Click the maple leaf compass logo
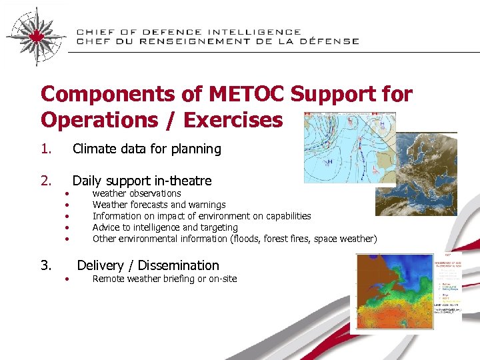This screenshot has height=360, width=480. coord(36,35)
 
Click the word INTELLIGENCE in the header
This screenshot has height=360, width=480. coord(254,32)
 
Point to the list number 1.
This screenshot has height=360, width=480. coord(45,149)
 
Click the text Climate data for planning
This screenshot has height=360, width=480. coord(146,149)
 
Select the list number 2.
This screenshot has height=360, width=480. coord(45,181)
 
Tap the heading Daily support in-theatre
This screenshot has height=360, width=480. coord(141,181)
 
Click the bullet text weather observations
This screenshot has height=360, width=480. coord(136,193)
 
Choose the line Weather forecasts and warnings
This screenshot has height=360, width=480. coord(159,205)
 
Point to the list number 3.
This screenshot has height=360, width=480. coord(45,265)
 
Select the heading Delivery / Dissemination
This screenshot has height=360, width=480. coord(148,265)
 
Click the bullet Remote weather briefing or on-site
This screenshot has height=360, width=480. coord(164,279)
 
